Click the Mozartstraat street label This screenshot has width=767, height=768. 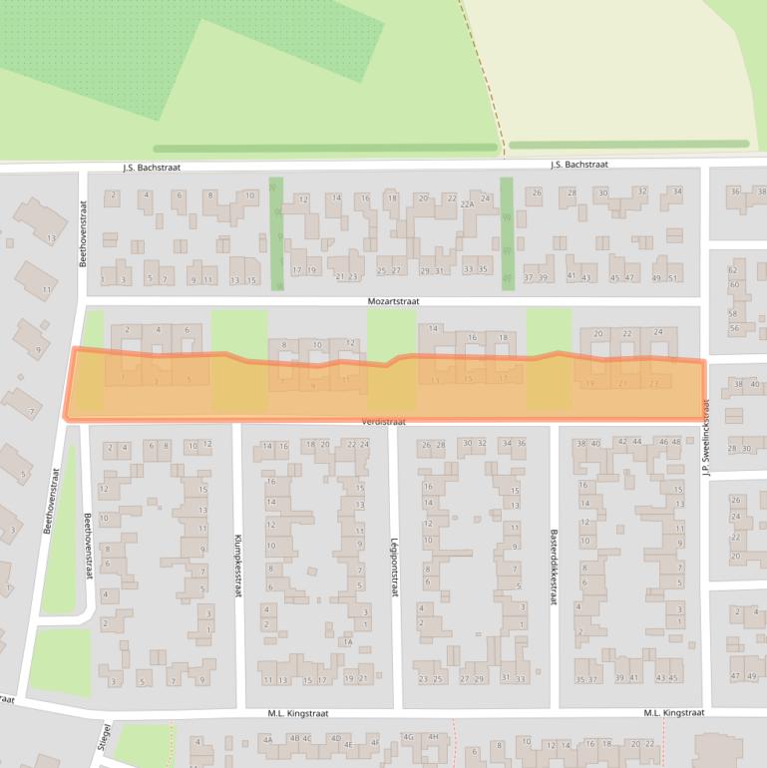(x=392, y=299)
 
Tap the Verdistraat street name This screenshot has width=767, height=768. (x=384, y=422)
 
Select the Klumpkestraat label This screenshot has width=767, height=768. (x=238, y=565)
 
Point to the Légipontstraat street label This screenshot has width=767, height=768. (x=394, y=564)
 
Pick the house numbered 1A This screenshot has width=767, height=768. (x=348, y=642)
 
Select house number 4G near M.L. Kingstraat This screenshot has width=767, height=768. (x=408, y=737)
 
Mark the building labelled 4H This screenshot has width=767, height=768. (x=433, y=737)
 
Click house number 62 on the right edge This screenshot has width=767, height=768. (x=733, y=270)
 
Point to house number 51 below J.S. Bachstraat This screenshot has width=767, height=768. (x=673, y=277)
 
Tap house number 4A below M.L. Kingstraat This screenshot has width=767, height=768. (x=266, y=739)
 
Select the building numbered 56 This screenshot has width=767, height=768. (x=734, y=327)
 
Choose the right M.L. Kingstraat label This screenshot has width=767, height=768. (x=674, y=713)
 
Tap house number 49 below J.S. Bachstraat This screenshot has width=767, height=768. (x=655, y=277)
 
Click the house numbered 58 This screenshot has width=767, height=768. (x=734, y=313)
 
